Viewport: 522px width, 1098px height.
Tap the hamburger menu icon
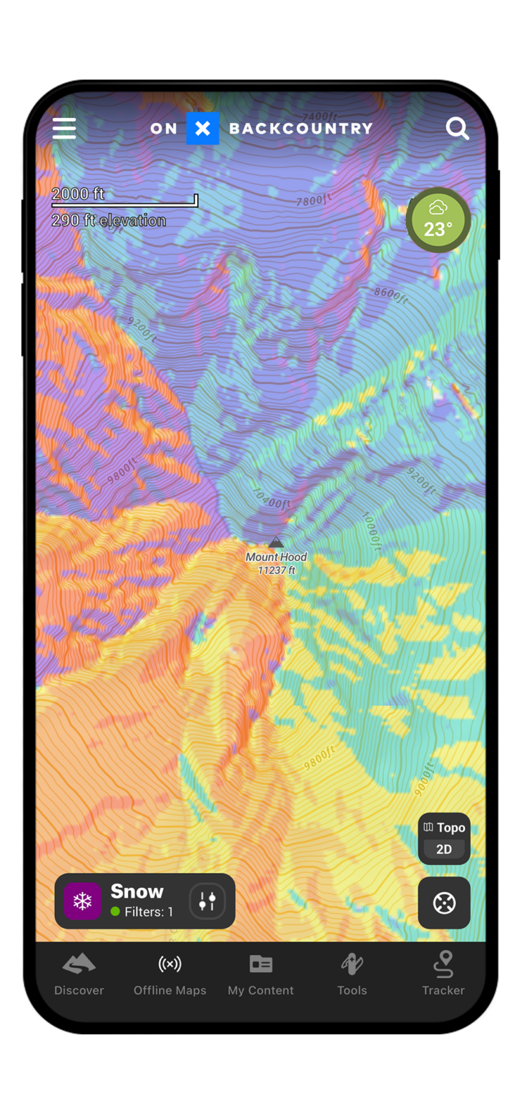point(64,128)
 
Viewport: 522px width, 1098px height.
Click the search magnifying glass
point(458,129)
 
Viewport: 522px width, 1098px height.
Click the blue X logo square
point(202,129)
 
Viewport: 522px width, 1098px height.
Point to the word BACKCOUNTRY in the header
point(301,129)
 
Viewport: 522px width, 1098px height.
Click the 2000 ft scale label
point(78,194)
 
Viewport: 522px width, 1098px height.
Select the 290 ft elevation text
point(109,220)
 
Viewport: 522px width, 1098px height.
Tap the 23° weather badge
point(438,220)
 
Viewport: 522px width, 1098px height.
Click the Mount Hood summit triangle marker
point(276,543)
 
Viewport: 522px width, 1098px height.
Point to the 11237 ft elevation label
point(276,570)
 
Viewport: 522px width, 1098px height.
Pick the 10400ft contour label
point(271,498)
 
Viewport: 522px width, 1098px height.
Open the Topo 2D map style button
point(444,838)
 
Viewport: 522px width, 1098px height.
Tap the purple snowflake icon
point(83,901)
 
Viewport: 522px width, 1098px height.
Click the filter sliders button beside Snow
point(207,901)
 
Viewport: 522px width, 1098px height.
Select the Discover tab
point(79,974)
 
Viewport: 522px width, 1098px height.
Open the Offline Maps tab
point(170,974)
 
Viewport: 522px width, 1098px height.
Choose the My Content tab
point(261,974)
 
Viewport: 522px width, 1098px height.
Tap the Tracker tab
point(443,974)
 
